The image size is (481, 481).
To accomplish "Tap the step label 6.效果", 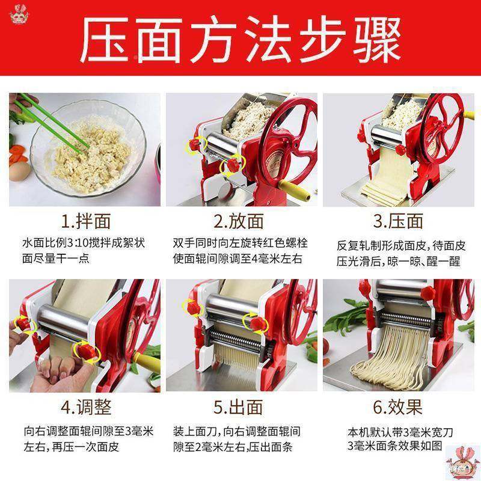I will pos(397,408).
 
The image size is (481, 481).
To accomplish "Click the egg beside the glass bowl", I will pos(18,172).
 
